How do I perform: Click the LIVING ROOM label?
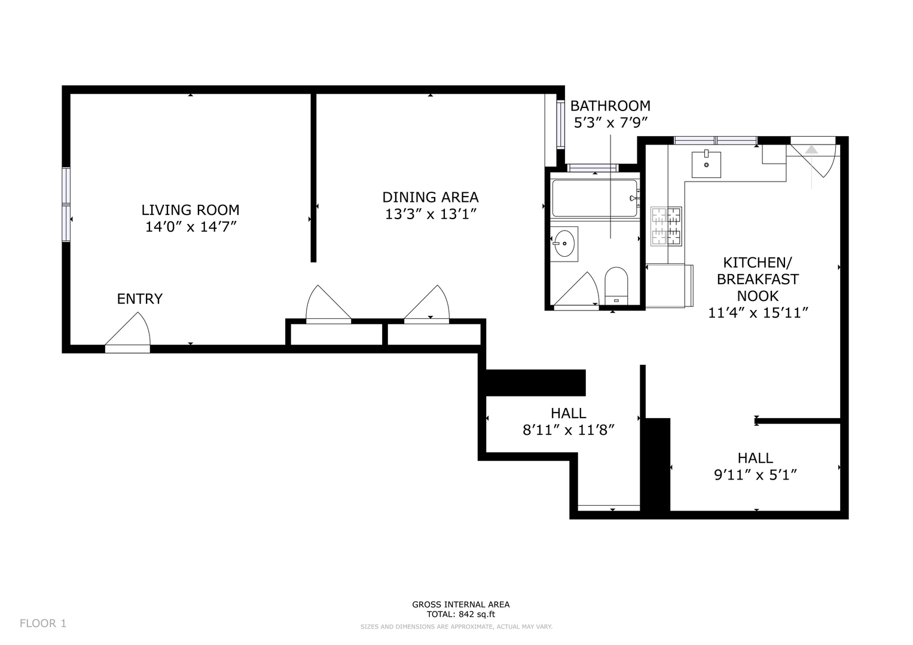coord(190,210)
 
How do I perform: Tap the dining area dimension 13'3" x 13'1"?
coord(431,214)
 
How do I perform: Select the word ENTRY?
coord(140,299)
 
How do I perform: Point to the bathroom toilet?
coord(616,285)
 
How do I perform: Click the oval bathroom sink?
coord(564,244)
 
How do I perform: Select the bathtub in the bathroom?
coord(595,198)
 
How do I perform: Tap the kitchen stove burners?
coord(667,226)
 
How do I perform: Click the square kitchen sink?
coord(706,164)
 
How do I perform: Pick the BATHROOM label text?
coord(610,106)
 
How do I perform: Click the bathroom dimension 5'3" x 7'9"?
coord(610,122)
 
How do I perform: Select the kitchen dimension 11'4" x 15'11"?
coord(758,313)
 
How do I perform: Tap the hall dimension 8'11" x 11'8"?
coord(569,430)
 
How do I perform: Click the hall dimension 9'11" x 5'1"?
coord(756,475)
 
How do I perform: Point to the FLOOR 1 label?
coord(43,623)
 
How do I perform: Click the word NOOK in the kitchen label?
coord(758,296)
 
